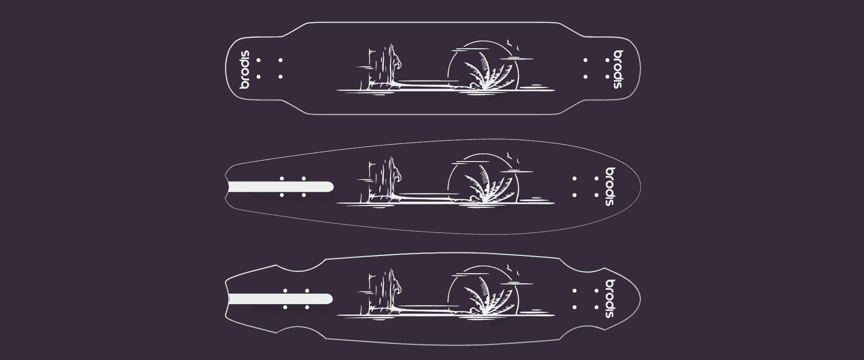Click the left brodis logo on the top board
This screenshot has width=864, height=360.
[x=244, y=69]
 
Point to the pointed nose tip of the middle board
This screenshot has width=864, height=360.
[x=640, y=186]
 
